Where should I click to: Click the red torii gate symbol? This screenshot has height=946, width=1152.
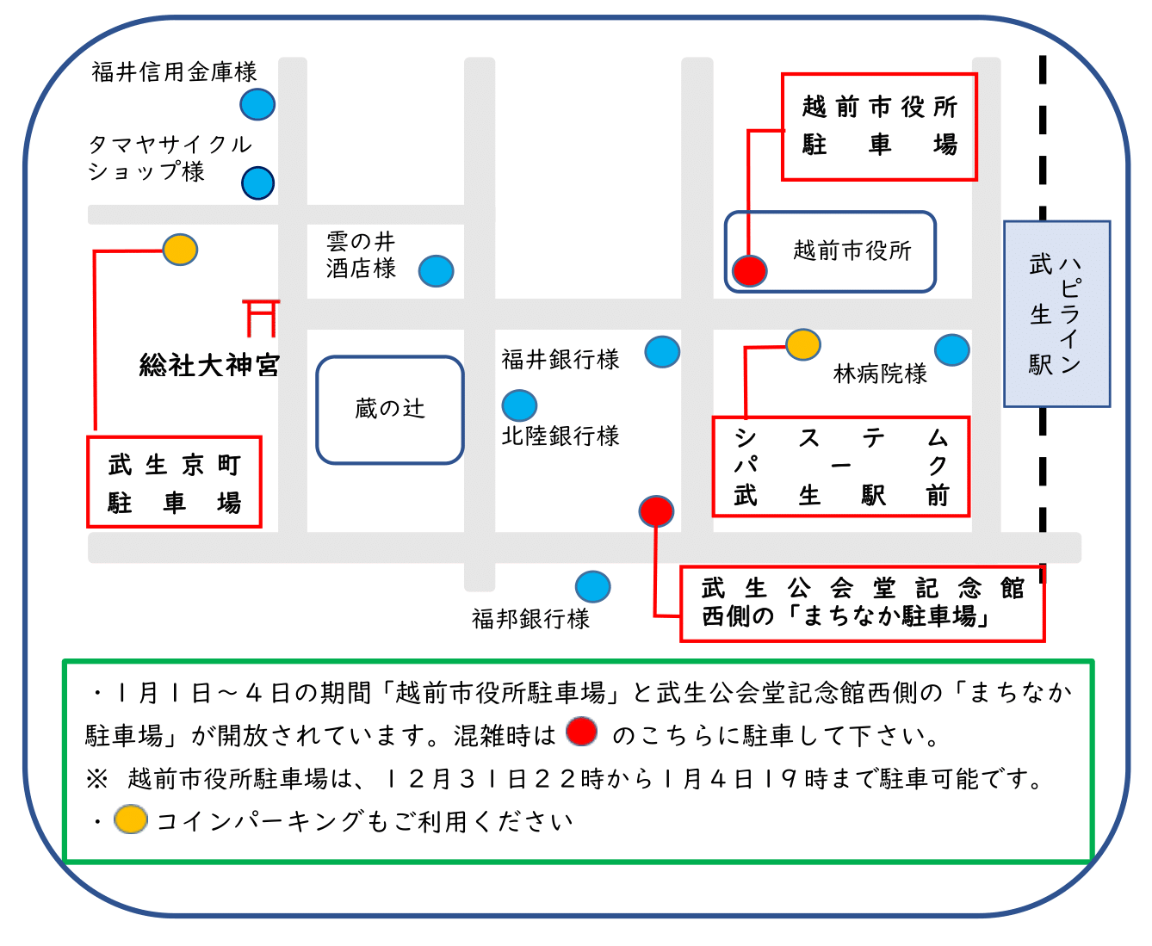262,317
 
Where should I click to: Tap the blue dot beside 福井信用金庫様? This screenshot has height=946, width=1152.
257,104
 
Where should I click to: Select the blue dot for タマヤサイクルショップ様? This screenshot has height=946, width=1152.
257,182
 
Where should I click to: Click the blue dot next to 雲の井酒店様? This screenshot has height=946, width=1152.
436,270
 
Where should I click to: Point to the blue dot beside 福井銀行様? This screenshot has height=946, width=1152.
662,351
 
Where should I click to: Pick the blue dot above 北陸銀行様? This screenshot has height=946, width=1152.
519,405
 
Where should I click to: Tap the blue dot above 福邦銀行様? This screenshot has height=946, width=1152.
592,587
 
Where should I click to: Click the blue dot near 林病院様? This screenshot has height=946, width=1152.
951,349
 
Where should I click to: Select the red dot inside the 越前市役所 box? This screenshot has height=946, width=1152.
749,270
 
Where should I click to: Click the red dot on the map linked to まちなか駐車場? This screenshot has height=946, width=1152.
656,510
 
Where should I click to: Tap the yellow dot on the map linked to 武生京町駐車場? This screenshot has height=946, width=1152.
180,250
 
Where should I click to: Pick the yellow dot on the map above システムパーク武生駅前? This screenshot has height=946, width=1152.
802,344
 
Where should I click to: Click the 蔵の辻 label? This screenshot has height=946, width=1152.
390,409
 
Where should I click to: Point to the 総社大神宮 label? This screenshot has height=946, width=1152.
209,365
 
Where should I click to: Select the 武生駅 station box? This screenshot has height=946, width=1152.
1056,314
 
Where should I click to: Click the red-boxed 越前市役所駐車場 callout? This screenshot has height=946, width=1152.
879,127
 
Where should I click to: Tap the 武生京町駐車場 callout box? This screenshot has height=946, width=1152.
174,482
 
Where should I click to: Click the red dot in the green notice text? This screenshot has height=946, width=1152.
582,732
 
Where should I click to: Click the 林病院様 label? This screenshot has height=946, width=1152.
880,374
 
